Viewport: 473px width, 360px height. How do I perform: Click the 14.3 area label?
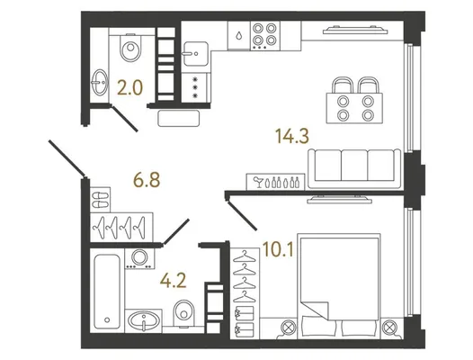click(x=292, y=136)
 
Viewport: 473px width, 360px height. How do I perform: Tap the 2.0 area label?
click(x=129, y=88)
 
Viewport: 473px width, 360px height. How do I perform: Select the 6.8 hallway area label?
click(x=147, y=180)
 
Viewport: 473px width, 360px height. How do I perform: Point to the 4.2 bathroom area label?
click(x=174, y=281)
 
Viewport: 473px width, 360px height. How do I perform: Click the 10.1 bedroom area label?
click(x=278, y=249)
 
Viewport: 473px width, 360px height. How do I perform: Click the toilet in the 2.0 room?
click(x=130, y=47)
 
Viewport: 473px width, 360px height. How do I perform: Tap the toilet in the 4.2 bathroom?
click(x=183, y=313)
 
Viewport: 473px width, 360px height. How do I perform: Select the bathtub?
click(x=107, y=292)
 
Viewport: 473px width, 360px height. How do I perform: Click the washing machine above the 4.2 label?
click(x=139, y=258)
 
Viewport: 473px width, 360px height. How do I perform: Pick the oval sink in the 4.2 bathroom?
click(x=144, y=320)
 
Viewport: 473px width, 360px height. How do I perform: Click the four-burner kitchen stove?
click(x=265, y=35)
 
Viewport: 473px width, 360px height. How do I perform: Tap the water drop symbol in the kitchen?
click(x=239, y=36)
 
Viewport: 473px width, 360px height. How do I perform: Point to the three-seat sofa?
click(x=354, y=169)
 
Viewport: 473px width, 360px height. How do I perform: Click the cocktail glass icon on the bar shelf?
click(x=258, y=183)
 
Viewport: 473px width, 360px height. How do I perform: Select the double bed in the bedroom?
click(x=338, y=285)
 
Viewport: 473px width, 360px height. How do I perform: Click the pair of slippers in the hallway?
click(x=100, y=200)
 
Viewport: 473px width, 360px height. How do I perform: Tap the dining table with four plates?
click(x=354, y=108)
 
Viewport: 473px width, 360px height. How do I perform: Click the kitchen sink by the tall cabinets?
click(x=196, y=54)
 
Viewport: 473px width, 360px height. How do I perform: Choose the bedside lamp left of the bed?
click(x=289, y=328)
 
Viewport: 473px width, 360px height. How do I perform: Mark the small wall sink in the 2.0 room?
click(x=100, y=82)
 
